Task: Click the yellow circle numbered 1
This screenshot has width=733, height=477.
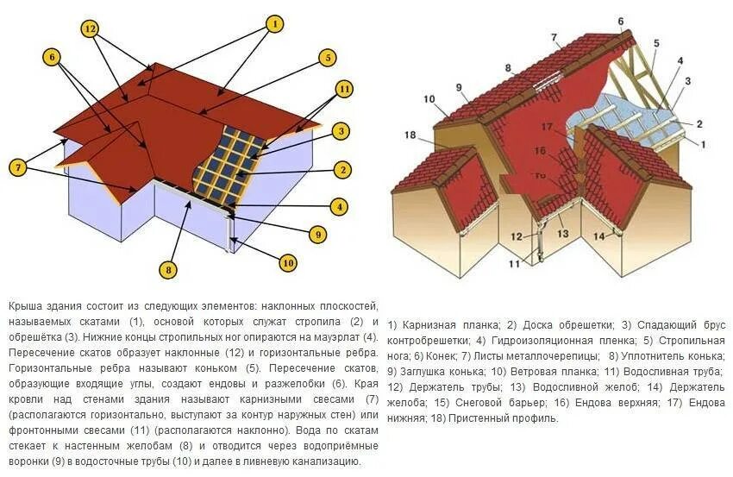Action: click(274, 24)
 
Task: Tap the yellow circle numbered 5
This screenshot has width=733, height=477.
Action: click(326, 58)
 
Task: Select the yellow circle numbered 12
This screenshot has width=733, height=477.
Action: click(91, 28)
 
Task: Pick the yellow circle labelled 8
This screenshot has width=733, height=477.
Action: click(169, 270)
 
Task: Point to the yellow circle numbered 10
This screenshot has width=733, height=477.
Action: click(287, 263)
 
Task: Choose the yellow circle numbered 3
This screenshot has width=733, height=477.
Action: click(341, 131)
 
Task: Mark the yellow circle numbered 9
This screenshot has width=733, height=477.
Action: click(317, 233)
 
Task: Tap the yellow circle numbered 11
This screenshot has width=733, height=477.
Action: click(345, 88)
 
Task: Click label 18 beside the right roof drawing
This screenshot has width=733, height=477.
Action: click(410, 135)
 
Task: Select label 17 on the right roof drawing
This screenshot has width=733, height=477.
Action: click(547, 126)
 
